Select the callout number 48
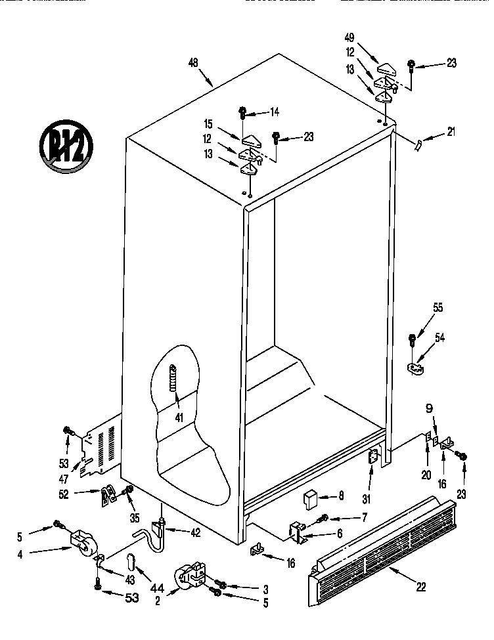(x=193, y=63)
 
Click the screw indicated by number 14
(x=242, y=112)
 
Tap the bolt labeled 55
(x=413, y=340)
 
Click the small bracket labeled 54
(x=415, y=368)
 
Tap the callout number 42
(x=195, y=533)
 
